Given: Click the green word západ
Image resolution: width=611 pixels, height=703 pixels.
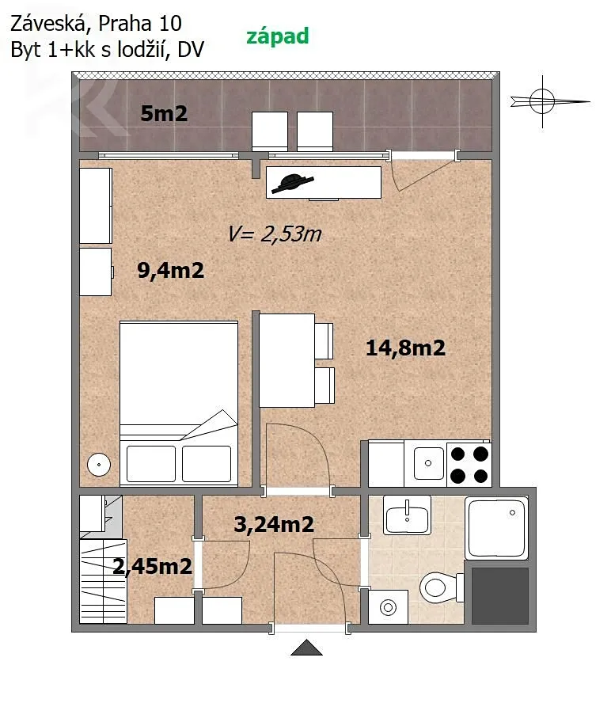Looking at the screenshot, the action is [x=278, y=36].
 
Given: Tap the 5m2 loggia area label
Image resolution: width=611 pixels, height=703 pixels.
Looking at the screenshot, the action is [x=164, y=113].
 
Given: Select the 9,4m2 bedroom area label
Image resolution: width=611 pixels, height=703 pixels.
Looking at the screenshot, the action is [x=170, y=270].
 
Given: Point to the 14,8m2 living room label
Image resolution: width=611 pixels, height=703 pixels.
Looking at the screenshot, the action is [x=406, y=348].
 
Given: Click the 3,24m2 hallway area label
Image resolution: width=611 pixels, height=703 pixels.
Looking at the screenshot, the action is [x=274, y=524].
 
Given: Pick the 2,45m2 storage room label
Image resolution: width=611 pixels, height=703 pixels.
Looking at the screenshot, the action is [x=153, y=566].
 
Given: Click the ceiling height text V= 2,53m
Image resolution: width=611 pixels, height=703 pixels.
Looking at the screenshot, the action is [x=275, y=234].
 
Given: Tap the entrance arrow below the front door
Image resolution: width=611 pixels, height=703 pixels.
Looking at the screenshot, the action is [x=306, y=648].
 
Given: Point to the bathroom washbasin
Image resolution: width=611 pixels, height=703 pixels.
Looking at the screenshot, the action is [x=407, y=515].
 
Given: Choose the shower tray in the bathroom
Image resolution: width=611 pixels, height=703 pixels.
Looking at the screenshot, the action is [x=497, y=528].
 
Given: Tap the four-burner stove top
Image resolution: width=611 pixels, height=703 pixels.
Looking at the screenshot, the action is [x=469, y=465].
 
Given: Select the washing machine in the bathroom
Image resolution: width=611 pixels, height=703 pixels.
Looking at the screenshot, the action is [x=389, y=607].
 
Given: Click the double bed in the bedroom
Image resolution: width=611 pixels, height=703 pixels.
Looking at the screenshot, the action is [x=179, y=403].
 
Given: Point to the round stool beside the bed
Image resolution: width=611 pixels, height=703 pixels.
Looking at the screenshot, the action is [x=99, y=465].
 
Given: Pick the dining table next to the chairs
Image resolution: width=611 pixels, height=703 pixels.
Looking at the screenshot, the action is [x=287, y=360].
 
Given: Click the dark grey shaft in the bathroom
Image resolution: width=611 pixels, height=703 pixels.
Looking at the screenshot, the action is [x=500, y=596].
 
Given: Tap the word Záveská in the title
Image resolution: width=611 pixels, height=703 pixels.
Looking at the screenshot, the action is [x=48, y=23].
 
